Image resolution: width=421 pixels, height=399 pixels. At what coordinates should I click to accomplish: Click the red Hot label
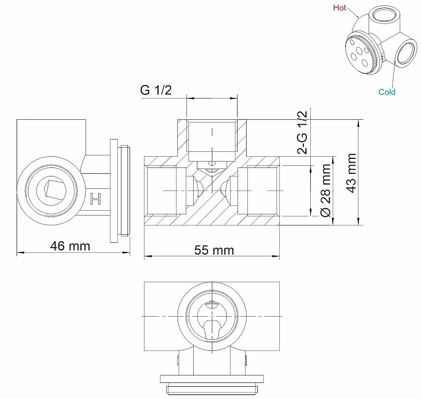(340, 8)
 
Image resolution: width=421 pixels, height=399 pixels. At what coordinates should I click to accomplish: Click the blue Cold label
(387, 92)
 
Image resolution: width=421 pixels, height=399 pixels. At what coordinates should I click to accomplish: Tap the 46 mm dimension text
(70, 246)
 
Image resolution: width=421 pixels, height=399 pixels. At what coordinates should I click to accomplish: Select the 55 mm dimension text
(215, 250)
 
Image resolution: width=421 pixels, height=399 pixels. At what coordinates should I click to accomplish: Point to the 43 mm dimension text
(351, 173)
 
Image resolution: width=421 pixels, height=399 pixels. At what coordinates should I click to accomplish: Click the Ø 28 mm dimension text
(326, 190)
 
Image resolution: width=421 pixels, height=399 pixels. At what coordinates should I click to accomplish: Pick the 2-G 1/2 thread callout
(302, 132)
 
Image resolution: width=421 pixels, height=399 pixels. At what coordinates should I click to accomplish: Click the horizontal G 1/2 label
(156, 90)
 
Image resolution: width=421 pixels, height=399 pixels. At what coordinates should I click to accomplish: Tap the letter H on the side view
(96, 198)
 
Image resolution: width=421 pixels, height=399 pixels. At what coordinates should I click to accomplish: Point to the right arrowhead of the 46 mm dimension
(126, 252)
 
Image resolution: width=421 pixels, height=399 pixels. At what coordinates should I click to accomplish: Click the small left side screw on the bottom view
(178, 360)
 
